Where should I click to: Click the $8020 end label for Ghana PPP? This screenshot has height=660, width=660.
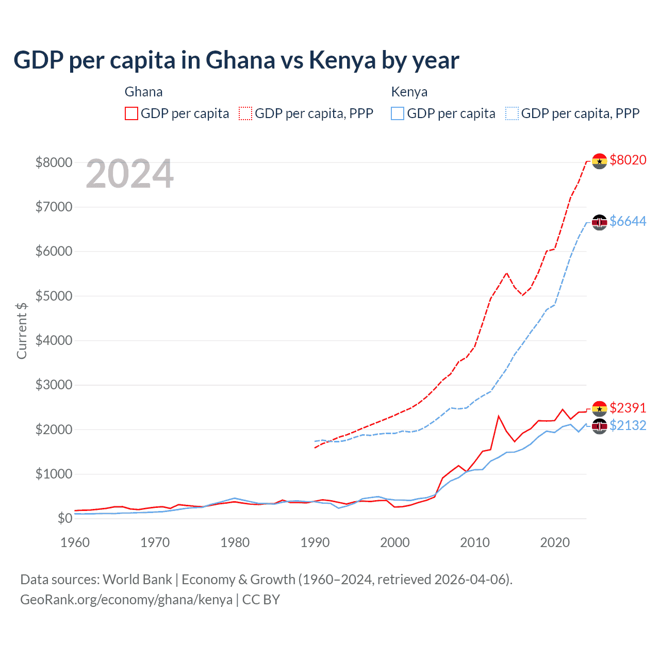[x=628, y=160]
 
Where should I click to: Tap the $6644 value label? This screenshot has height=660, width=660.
[x=628, y=222]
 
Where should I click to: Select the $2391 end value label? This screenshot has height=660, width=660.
[x=628, y=408]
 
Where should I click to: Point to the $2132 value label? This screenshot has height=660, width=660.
[x=628, y=426]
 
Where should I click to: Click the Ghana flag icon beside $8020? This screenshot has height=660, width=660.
[x=599, y=161]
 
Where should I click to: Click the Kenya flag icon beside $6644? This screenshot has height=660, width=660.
[x=599, y=222]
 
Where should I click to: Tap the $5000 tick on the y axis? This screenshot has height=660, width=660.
[x=54, y=296]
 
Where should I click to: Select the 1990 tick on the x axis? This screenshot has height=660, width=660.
[x=315, y=542]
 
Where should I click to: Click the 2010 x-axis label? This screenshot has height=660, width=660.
[x=475, y=542]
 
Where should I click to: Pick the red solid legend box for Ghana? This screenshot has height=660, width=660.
[x=131, y=113]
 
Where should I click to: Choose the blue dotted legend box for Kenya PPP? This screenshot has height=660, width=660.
[x=512, y=113]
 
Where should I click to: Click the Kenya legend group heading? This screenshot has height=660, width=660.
[x=409, y=92]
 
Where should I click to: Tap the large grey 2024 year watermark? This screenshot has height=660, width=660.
[x=129, y=174]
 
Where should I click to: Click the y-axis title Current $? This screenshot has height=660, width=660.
[x=22, y=331]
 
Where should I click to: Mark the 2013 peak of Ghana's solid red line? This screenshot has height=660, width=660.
[x=498, y=416]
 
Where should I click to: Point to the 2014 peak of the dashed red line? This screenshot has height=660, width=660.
[x=506, y=273]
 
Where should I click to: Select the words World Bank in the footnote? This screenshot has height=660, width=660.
[x=137, y=580]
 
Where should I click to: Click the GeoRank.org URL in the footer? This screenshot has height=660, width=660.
[x=126, y=600]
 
